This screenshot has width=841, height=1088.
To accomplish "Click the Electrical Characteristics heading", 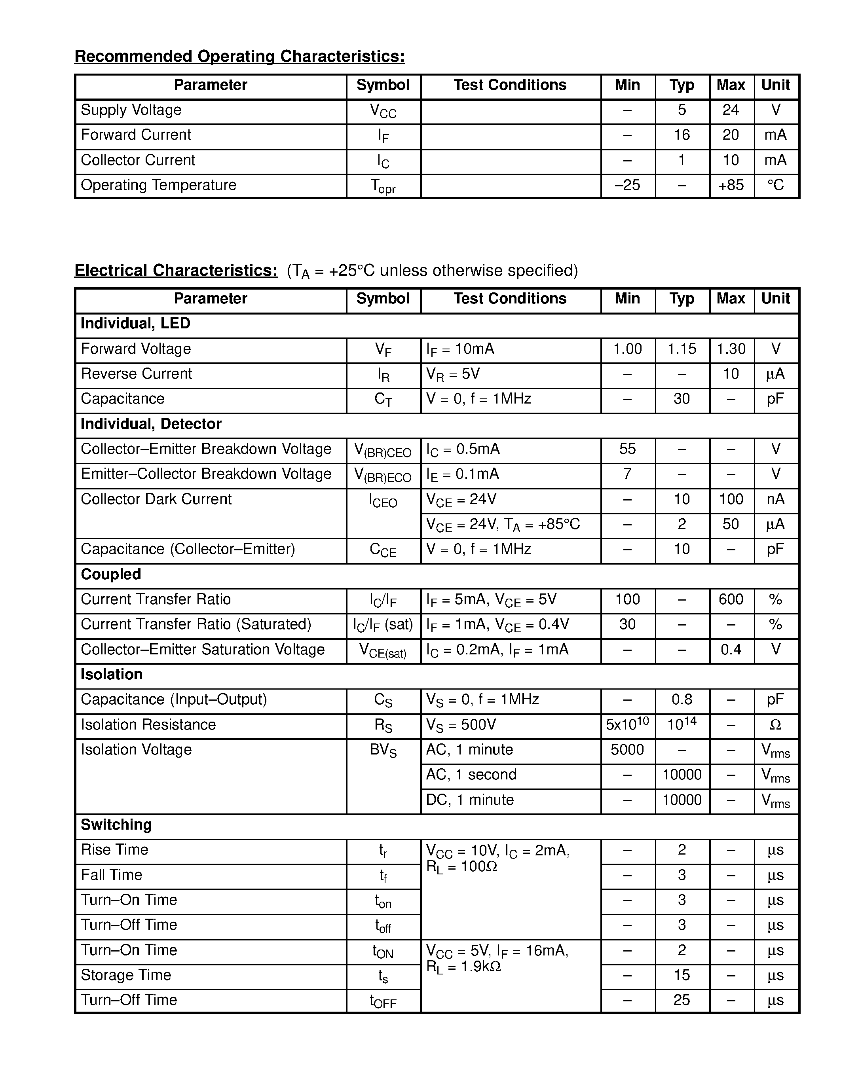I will click(x=176, y=271).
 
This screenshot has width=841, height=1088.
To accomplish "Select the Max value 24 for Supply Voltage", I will click(x=731, y=110).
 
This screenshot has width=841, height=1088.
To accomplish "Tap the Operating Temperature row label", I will click(x=158, y=185).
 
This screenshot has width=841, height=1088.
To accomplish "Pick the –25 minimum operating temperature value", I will click(x=627, y=185).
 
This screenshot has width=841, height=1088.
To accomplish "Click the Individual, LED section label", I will click(x=135, y=324).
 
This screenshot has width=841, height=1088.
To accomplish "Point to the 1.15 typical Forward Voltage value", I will click(x=682, y=349).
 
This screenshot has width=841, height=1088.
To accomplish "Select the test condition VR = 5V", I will click(x=453, y=374).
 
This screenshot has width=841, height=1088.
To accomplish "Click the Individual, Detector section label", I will click(x=151, y=424).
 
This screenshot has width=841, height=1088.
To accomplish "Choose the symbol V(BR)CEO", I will click(x=383, y=450).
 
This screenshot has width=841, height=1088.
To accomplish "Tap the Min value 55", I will click(x=627, y=449).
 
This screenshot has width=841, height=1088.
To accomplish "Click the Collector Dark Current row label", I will click(x=156, y=499).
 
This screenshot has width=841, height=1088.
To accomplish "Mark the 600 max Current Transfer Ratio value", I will click(x=731, y=599).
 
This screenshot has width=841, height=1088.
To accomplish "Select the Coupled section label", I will click(x=110, y=574).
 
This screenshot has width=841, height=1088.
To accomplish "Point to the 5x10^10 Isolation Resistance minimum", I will click(x=627, y=724).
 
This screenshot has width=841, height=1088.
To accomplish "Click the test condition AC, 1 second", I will click(x=471, y=775).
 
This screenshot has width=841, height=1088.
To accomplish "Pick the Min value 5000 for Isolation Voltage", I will click(x=627, y=750).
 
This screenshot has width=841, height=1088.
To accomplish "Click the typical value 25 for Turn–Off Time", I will click(x=682, y=1000).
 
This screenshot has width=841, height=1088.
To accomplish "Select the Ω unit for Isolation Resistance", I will click(x=775, y=725).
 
